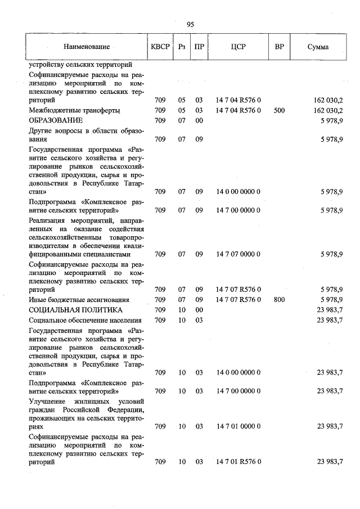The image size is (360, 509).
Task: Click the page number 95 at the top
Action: coord(190,24)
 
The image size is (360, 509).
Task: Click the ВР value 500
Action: coord(279,111)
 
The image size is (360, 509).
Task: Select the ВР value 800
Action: coord(279,300)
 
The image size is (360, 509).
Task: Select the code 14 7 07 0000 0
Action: coord(238,254)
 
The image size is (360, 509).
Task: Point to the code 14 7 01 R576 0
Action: coord(238,462)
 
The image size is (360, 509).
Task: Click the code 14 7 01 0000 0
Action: coord(238,426)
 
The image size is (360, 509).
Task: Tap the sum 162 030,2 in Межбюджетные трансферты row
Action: coord(328,111)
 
